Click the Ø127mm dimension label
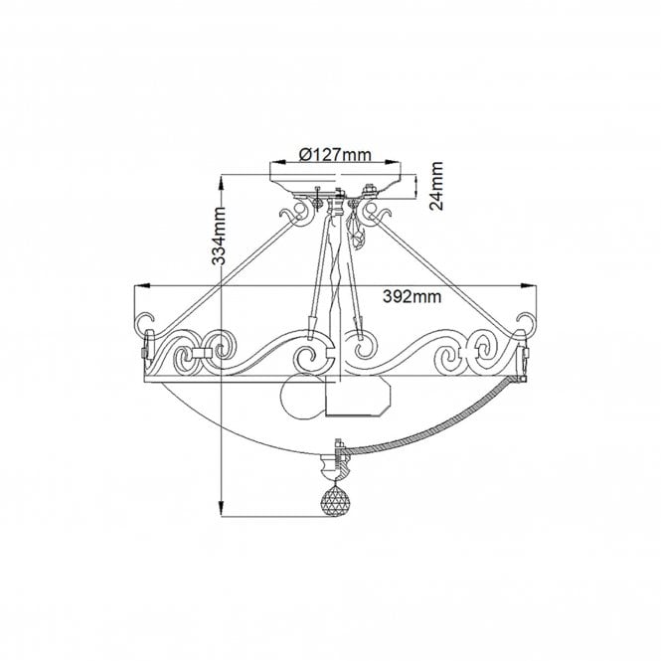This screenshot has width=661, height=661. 336,155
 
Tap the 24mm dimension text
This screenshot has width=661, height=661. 436,186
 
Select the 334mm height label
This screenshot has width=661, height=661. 219,236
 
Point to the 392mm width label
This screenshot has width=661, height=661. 412,296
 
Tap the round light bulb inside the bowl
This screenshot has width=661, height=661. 303,397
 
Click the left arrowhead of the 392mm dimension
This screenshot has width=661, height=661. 142,285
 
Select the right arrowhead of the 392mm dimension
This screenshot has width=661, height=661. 528,285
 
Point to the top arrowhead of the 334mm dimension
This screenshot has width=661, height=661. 221,183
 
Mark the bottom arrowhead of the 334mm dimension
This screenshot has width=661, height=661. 221,508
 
